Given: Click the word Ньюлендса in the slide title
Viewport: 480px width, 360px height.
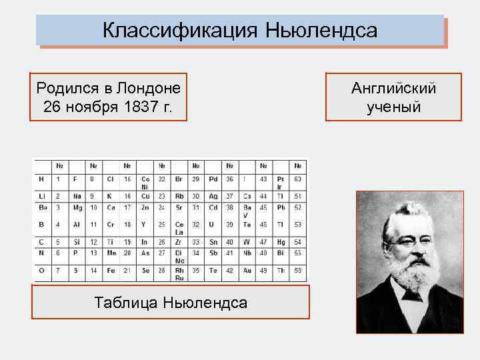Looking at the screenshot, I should pos(321,31).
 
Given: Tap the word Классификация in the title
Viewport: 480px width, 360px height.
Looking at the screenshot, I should pos(181,31).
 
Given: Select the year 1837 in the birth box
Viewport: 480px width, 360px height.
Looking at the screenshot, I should pos(141,106).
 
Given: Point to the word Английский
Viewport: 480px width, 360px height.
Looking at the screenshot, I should pos(393,88).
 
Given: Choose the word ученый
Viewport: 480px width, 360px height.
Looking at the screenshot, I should pos(393,107).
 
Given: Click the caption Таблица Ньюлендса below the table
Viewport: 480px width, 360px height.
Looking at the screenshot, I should pos(171,303).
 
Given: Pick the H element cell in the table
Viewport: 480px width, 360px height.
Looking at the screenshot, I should pos(41,179).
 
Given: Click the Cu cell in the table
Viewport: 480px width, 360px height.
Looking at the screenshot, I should pos(145,196).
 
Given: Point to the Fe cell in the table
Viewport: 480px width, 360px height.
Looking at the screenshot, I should pos(110,270).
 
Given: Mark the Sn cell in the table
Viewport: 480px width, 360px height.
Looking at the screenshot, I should pos(214,242).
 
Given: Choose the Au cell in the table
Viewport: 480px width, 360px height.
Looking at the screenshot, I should pos(248,270).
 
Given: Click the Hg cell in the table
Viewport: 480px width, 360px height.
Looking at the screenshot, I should pos(281,242).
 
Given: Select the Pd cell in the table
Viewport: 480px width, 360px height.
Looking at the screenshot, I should pos(213,179).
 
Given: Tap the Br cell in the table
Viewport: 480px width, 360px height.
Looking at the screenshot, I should pos(179,179).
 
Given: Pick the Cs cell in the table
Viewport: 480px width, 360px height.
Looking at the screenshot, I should pos(247,196).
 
